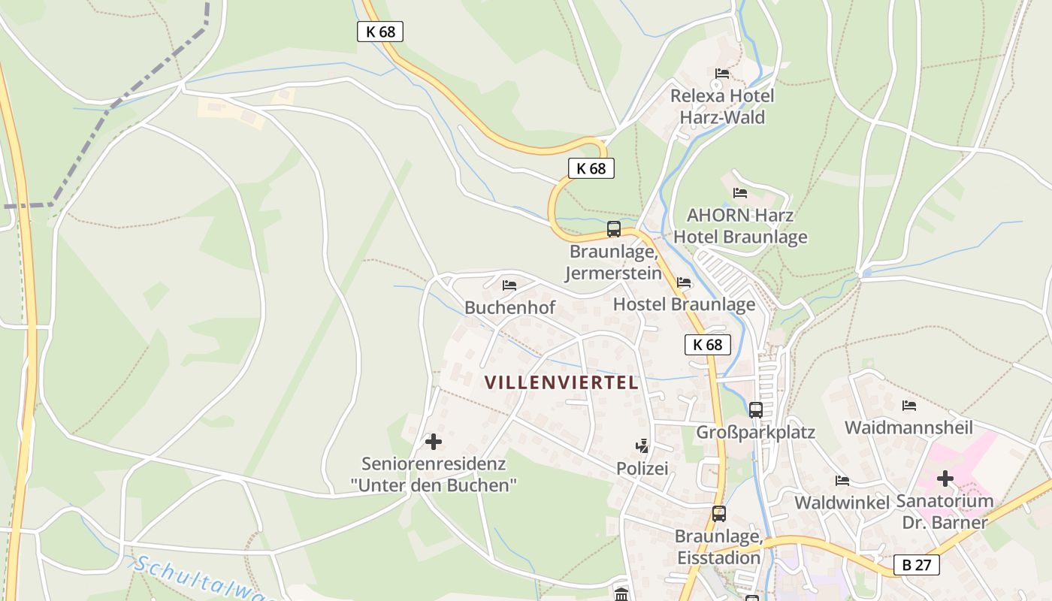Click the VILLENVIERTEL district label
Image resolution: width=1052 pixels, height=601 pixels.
pos(561,382)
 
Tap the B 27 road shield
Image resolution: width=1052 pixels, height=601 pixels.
pos(917,565)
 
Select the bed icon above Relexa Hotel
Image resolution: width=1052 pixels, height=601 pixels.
pos(722,74)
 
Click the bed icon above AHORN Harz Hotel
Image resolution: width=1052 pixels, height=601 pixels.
pos(740,193)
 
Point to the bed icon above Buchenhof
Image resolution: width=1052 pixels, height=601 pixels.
pos(509,285)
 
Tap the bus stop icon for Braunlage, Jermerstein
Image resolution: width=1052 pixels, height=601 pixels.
pos(614,229)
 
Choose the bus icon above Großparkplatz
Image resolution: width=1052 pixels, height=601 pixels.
pos(755,410)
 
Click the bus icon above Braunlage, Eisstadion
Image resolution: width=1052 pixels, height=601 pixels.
pos(719,514)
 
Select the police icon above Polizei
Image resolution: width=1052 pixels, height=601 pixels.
pos(642,446)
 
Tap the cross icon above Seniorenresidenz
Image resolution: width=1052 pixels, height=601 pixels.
pos(434,442)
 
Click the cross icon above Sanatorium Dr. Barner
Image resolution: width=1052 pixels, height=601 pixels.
pos(945,478)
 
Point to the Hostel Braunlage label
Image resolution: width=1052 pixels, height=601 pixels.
pos(684,304)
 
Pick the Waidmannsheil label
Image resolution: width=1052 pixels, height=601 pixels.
pos(908,428)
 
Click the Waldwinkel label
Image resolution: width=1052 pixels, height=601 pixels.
pos(842,503)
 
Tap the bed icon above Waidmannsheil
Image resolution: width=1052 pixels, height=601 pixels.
pos(909,406)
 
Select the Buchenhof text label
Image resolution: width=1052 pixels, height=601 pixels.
pos(509,307)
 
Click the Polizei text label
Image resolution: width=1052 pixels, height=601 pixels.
pos(642,469)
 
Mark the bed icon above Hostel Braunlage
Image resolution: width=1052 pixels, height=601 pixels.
pos(684,282)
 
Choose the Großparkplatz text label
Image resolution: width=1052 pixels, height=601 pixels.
pos(755,433)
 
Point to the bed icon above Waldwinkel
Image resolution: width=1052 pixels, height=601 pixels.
pos(842,481)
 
